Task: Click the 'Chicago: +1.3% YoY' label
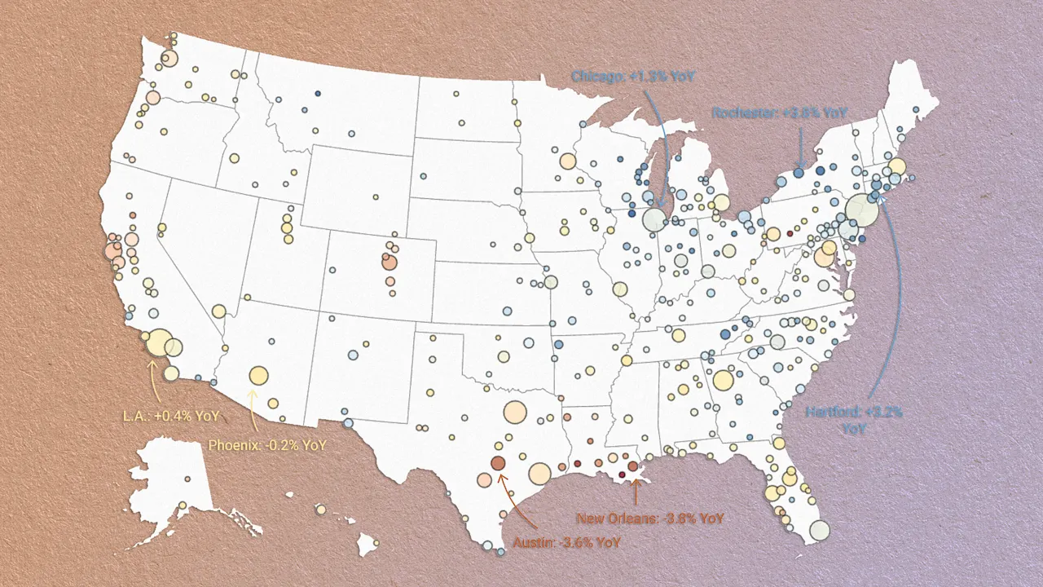coord(633,77)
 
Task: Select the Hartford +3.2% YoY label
coord(854,419)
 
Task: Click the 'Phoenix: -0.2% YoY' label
coord(267,445)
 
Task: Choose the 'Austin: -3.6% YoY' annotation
coord(567,541)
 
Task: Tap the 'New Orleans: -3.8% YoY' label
coord(650,518)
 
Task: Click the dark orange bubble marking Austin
coord(497,463)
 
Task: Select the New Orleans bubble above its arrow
coord(633,466)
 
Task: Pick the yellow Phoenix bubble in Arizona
coord(258,375)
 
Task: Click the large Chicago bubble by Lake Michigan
coord(654,219)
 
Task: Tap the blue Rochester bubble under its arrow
coord(799,173)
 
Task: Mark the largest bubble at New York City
coord(861,210)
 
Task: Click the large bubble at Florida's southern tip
coord(819,530)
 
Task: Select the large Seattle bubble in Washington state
coord(169,58)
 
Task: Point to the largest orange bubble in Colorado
coord(389,263)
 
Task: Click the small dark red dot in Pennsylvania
coord(790,233)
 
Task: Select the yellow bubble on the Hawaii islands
coord(321,510)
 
